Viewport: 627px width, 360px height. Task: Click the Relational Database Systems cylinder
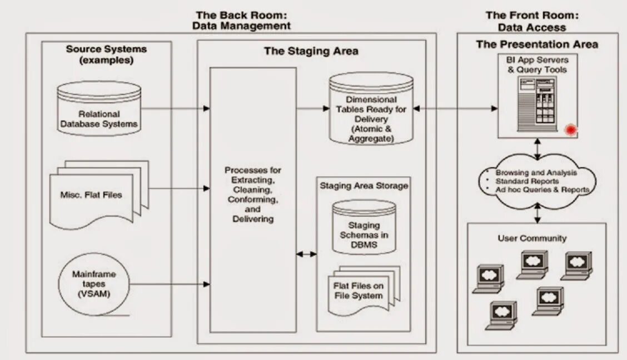99,109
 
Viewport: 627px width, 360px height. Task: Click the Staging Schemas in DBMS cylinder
364,227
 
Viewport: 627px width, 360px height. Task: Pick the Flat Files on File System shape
359,290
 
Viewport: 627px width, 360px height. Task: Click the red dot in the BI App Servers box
570,130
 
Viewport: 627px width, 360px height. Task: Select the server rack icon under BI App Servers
538,101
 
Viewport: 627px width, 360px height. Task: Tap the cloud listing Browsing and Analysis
536,181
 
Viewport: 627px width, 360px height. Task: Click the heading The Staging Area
311,51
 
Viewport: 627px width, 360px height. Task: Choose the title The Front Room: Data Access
532,21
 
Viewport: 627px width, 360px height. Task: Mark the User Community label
532,238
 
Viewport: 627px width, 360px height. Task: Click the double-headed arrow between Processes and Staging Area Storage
306,254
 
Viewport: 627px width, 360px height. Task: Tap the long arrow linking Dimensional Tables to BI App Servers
455,109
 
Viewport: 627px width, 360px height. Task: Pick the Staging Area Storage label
364,186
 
